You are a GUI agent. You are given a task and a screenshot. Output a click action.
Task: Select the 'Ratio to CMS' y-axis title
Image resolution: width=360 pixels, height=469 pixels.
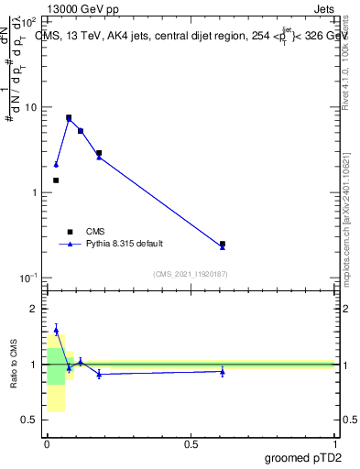(x=14, y=364)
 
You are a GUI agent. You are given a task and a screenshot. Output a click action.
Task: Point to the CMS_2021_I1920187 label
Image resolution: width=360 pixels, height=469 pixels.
(x=190, y=274)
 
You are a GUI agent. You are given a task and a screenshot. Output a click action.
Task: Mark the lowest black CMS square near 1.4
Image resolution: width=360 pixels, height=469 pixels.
(x=56, y=180)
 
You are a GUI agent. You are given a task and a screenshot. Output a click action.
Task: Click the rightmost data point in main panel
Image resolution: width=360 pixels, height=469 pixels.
(x=223, y=245)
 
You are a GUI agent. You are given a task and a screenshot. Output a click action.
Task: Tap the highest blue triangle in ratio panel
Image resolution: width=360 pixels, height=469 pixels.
(x=56, y=330)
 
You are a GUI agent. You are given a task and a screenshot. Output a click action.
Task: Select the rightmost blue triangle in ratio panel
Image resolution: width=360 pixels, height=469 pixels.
(x=223, y=371)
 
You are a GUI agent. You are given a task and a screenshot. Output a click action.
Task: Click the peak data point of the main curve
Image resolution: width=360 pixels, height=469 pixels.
(x=69, y=118)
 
